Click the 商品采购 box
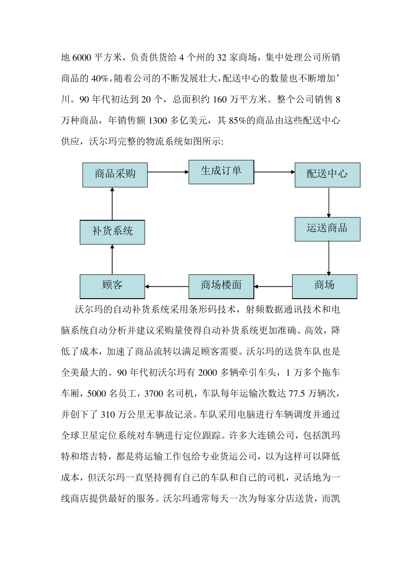click(115, 174)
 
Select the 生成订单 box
click(221, 172)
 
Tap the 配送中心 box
click(327, 174)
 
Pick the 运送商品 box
click(327, 229)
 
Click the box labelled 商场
click(324, 286)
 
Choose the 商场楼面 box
click(221, 286)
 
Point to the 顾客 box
click(112, 286)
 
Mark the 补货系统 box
click(112, 232)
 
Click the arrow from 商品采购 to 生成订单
click(168, 172)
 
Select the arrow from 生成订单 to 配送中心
click(274, 172)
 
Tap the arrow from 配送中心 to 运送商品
click(329, 202)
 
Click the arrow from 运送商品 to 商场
click(329, 258)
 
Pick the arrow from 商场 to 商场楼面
click(273, 287)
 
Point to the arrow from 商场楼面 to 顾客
click(167, 287)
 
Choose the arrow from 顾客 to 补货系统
click(112, 259)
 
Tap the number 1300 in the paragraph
click(158, 121)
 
